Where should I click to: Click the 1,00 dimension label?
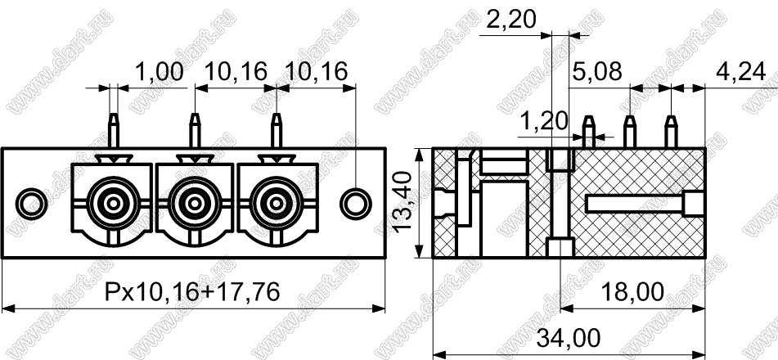[160, 72]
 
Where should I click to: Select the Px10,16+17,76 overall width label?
[193, 292]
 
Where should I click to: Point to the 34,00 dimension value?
[569, 340]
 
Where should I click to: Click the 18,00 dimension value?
[632, 292]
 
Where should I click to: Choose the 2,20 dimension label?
[512, 20]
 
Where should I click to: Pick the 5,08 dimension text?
[597, 72]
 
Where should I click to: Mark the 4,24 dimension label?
[740, 73]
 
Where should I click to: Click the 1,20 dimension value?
[544, 120]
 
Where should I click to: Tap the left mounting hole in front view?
[31, 204]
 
